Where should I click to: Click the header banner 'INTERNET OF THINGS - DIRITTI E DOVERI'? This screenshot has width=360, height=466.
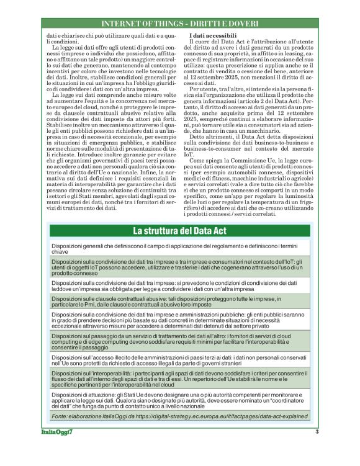tap(179, 24)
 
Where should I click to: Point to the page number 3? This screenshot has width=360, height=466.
tap(317, 432)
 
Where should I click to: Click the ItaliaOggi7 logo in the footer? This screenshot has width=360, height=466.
tap(62, 432)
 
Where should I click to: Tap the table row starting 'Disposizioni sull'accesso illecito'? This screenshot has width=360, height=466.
tap(180, 360)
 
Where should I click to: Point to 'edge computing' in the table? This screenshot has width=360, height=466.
tap(94, 341)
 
